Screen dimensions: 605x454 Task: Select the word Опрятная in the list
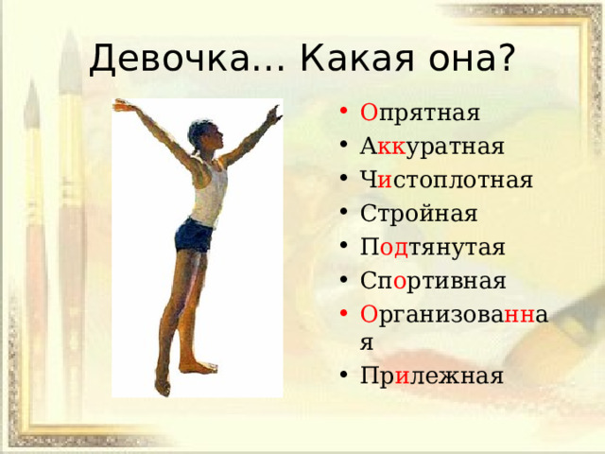point(420,113)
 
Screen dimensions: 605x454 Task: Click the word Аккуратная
point(432,147)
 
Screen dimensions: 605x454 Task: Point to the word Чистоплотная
point(446,180)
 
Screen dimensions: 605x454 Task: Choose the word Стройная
point(419,213)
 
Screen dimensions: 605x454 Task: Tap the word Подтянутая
point(432,247)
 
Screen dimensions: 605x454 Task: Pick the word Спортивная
point(433,281)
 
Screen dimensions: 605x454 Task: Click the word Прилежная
point(432,375)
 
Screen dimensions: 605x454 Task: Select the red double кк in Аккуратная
point(391,148)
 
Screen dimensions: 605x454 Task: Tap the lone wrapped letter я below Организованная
point(367,342)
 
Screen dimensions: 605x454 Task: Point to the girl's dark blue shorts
point(194,236)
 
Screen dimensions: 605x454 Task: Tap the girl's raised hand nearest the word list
point(274,114)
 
